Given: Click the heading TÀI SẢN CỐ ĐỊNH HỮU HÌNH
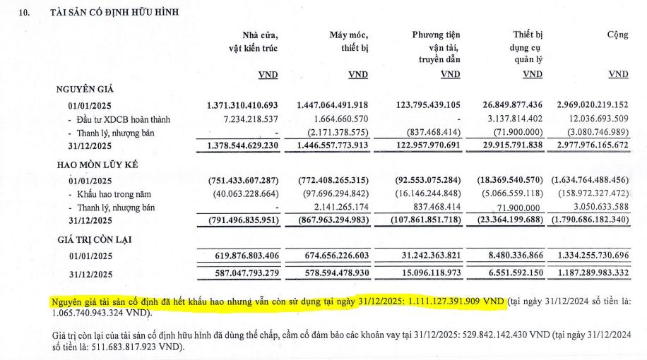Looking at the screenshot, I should (115, 12).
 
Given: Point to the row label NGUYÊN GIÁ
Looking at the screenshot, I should (85, 90).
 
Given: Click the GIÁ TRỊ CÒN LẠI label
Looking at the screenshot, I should (95, 239).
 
